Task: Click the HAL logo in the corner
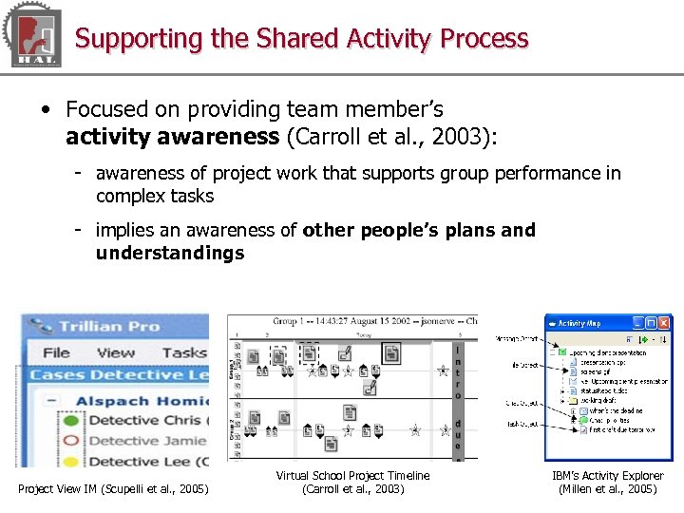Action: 34,36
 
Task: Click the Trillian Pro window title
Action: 109,327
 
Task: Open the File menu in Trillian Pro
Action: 56,352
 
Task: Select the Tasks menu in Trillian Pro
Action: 183,352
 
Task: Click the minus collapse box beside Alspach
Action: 53,401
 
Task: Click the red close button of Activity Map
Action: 664,323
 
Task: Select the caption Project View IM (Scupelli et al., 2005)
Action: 113,489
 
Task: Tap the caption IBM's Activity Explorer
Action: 608,476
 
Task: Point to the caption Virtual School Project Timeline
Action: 352,476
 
